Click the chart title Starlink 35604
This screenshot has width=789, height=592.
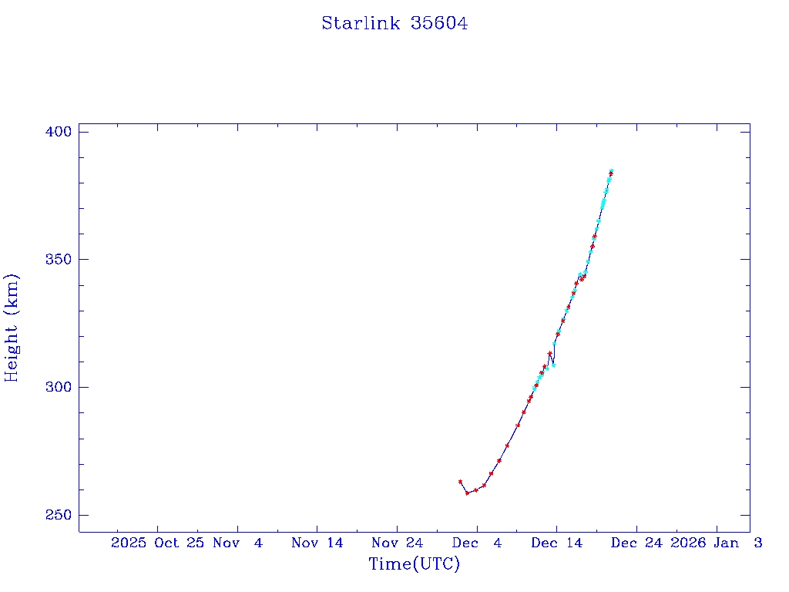394,24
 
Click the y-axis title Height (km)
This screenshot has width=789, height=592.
12,328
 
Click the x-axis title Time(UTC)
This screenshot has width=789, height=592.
414,564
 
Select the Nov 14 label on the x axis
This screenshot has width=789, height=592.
317,543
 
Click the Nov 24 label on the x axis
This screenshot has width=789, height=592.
397,543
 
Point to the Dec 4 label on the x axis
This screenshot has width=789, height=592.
477,543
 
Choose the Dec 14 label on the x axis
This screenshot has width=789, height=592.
556,543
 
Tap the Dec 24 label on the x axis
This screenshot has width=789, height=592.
636,543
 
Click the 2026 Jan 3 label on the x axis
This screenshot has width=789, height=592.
717,543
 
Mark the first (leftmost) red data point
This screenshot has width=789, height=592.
460,482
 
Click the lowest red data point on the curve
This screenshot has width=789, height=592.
467,493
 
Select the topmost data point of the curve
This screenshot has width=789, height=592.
611,171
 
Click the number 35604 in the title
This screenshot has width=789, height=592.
439,24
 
